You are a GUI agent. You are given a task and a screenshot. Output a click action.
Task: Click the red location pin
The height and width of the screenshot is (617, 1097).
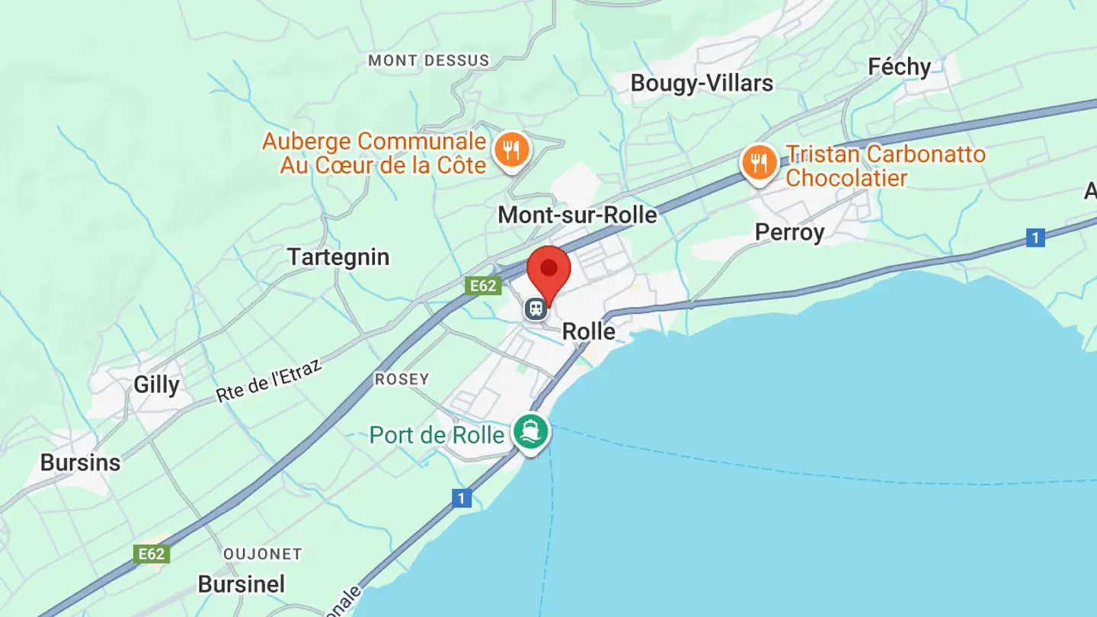[x=548, y=271]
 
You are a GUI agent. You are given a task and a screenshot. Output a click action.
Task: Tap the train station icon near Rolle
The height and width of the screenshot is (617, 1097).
[x=536, y=308]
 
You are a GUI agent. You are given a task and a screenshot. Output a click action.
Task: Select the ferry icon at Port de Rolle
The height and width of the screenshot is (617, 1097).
[x=531, y=432]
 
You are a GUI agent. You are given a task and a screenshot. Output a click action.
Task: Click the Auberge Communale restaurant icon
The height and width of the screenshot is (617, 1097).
[x=511, y=150]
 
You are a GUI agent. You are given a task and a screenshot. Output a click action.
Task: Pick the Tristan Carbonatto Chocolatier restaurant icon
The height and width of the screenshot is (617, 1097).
[x=759, y=163]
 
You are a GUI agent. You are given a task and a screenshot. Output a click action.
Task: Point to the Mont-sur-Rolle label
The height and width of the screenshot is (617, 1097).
[x=577, y=216]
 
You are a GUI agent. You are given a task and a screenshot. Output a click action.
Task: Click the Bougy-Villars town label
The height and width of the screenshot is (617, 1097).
[x=702, y=83]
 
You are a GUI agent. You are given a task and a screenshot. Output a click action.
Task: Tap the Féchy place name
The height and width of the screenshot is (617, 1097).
[x=899, y=68]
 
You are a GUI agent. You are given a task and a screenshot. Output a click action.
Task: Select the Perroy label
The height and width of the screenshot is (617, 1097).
[x=789, y=232]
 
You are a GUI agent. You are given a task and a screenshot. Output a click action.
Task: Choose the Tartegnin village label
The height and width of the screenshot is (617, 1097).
[x=338, y=257]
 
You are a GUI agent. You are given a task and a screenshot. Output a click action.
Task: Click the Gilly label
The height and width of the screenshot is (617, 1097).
[x=156, y=385]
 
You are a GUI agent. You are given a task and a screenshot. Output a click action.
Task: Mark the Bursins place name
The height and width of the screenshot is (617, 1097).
[x=80, y=462]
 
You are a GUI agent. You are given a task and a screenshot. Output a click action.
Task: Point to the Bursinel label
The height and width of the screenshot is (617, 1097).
[x=241, y=584]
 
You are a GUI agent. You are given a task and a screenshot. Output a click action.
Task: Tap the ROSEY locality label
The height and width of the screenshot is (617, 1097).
[x=401, y=379]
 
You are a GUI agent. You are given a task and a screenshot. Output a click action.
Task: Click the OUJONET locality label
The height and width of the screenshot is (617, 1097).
[x=263, y=554]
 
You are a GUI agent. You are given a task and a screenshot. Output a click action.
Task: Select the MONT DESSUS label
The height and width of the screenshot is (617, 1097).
[x=428, y=60]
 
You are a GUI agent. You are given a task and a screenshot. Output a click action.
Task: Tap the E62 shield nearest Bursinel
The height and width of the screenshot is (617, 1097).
[x=151, y=554]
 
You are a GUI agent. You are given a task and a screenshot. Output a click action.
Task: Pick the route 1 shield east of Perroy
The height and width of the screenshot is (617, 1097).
[x=1035, y=238]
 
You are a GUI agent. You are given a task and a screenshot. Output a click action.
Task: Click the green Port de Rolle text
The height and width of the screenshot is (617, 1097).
[x=437, y=435]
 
